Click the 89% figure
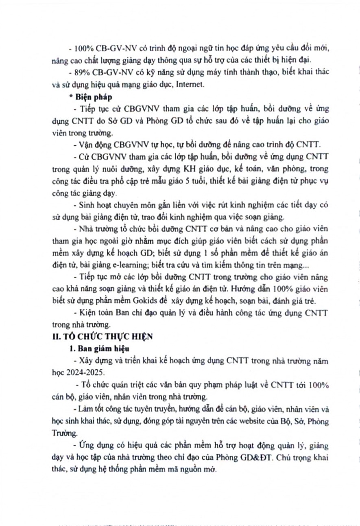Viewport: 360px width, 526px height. pos(81,72)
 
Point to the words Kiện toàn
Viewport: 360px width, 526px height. pos(91,313)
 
